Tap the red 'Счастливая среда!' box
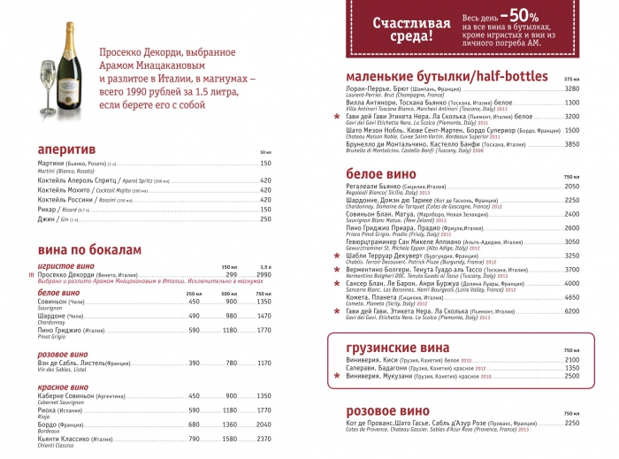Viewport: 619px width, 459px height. tap(402, 29)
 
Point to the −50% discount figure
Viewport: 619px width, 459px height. tap(519, 18)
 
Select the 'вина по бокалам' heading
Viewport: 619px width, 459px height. tap(84, 250)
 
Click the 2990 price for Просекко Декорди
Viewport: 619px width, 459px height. tap(263, 275)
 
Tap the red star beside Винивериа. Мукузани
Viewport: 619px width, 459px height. tap(335, 376)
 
